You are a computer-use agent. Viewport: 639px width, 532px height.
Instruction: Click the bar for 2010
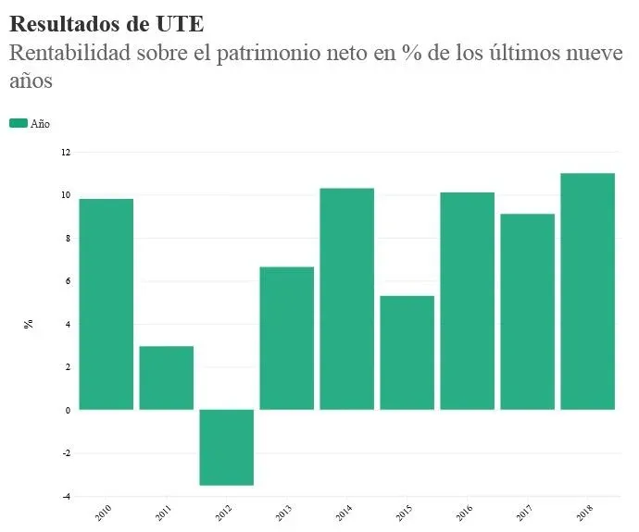point(106,304)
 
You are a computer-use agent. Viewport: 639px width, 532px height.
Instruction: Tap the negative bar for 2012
point(226,448)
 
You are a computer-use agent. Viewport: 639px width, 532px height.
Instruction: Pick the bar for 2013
point(286,338)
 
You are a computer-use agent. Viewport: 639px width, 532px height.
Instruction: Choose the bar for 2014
point(346,299)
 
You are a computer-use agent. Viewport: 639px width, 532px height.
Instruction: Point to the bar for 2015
point(407,353)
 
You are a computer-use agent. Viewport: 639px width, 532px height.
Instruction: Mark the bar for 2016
point(467,301)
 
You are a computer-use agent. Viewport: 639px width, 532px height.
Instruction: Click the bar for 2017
point(527,312)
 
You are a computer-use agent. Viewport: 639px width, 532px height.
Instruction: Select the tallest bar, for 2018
point(587,291)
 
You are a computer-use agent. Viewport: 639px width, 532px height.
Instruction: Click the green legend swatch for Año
point(18,123)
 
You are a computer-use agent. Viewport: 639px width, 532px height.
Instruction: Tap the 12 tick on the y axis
point(66,152)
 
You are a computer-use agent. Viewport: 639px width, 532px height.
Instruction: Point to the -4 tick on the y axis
point(65,496)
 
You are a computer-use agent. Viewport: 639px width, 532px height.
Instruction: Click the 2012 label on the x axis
point(223,513)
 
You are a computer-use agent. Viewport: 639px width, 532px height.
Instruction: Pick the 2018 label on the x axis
point(584,513)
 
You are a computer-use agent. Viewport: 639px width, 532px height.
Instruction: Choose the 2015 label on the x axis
point(404,513)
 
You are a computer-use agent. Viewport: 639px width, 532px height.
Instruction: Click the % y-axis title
point(29,324)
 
